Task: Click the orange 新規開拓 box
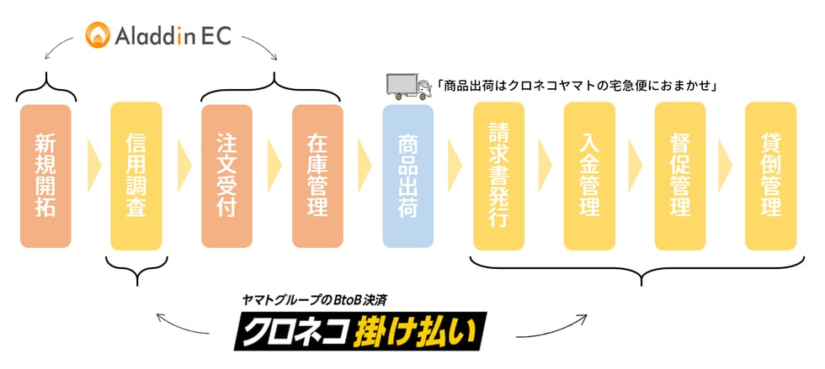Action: coord(45,176)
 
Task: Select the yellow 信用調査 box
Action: coord(136,176)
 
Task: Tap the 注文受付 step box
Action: coord(226,176)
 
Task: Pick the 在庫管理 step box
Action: coord(317,176)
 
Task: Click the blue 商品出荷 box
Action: coord(407,176)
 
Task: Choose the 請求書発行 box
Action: coord(498,176)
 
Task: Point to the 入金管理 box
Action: coord(589,176)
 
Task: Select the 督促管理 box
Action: coord(680,176)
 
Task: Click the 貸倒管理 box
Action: coord(771,176)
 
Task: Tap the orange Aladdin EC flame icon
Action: coord(98,34)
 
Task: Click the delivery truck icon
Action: coord(409,87)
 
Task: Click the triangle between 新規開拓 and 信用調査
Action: coord(93,166)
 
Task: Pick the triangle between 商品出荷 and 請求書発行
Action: coord(455,166)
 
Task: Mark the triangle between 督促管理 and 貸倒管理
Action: coord(725,166)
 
